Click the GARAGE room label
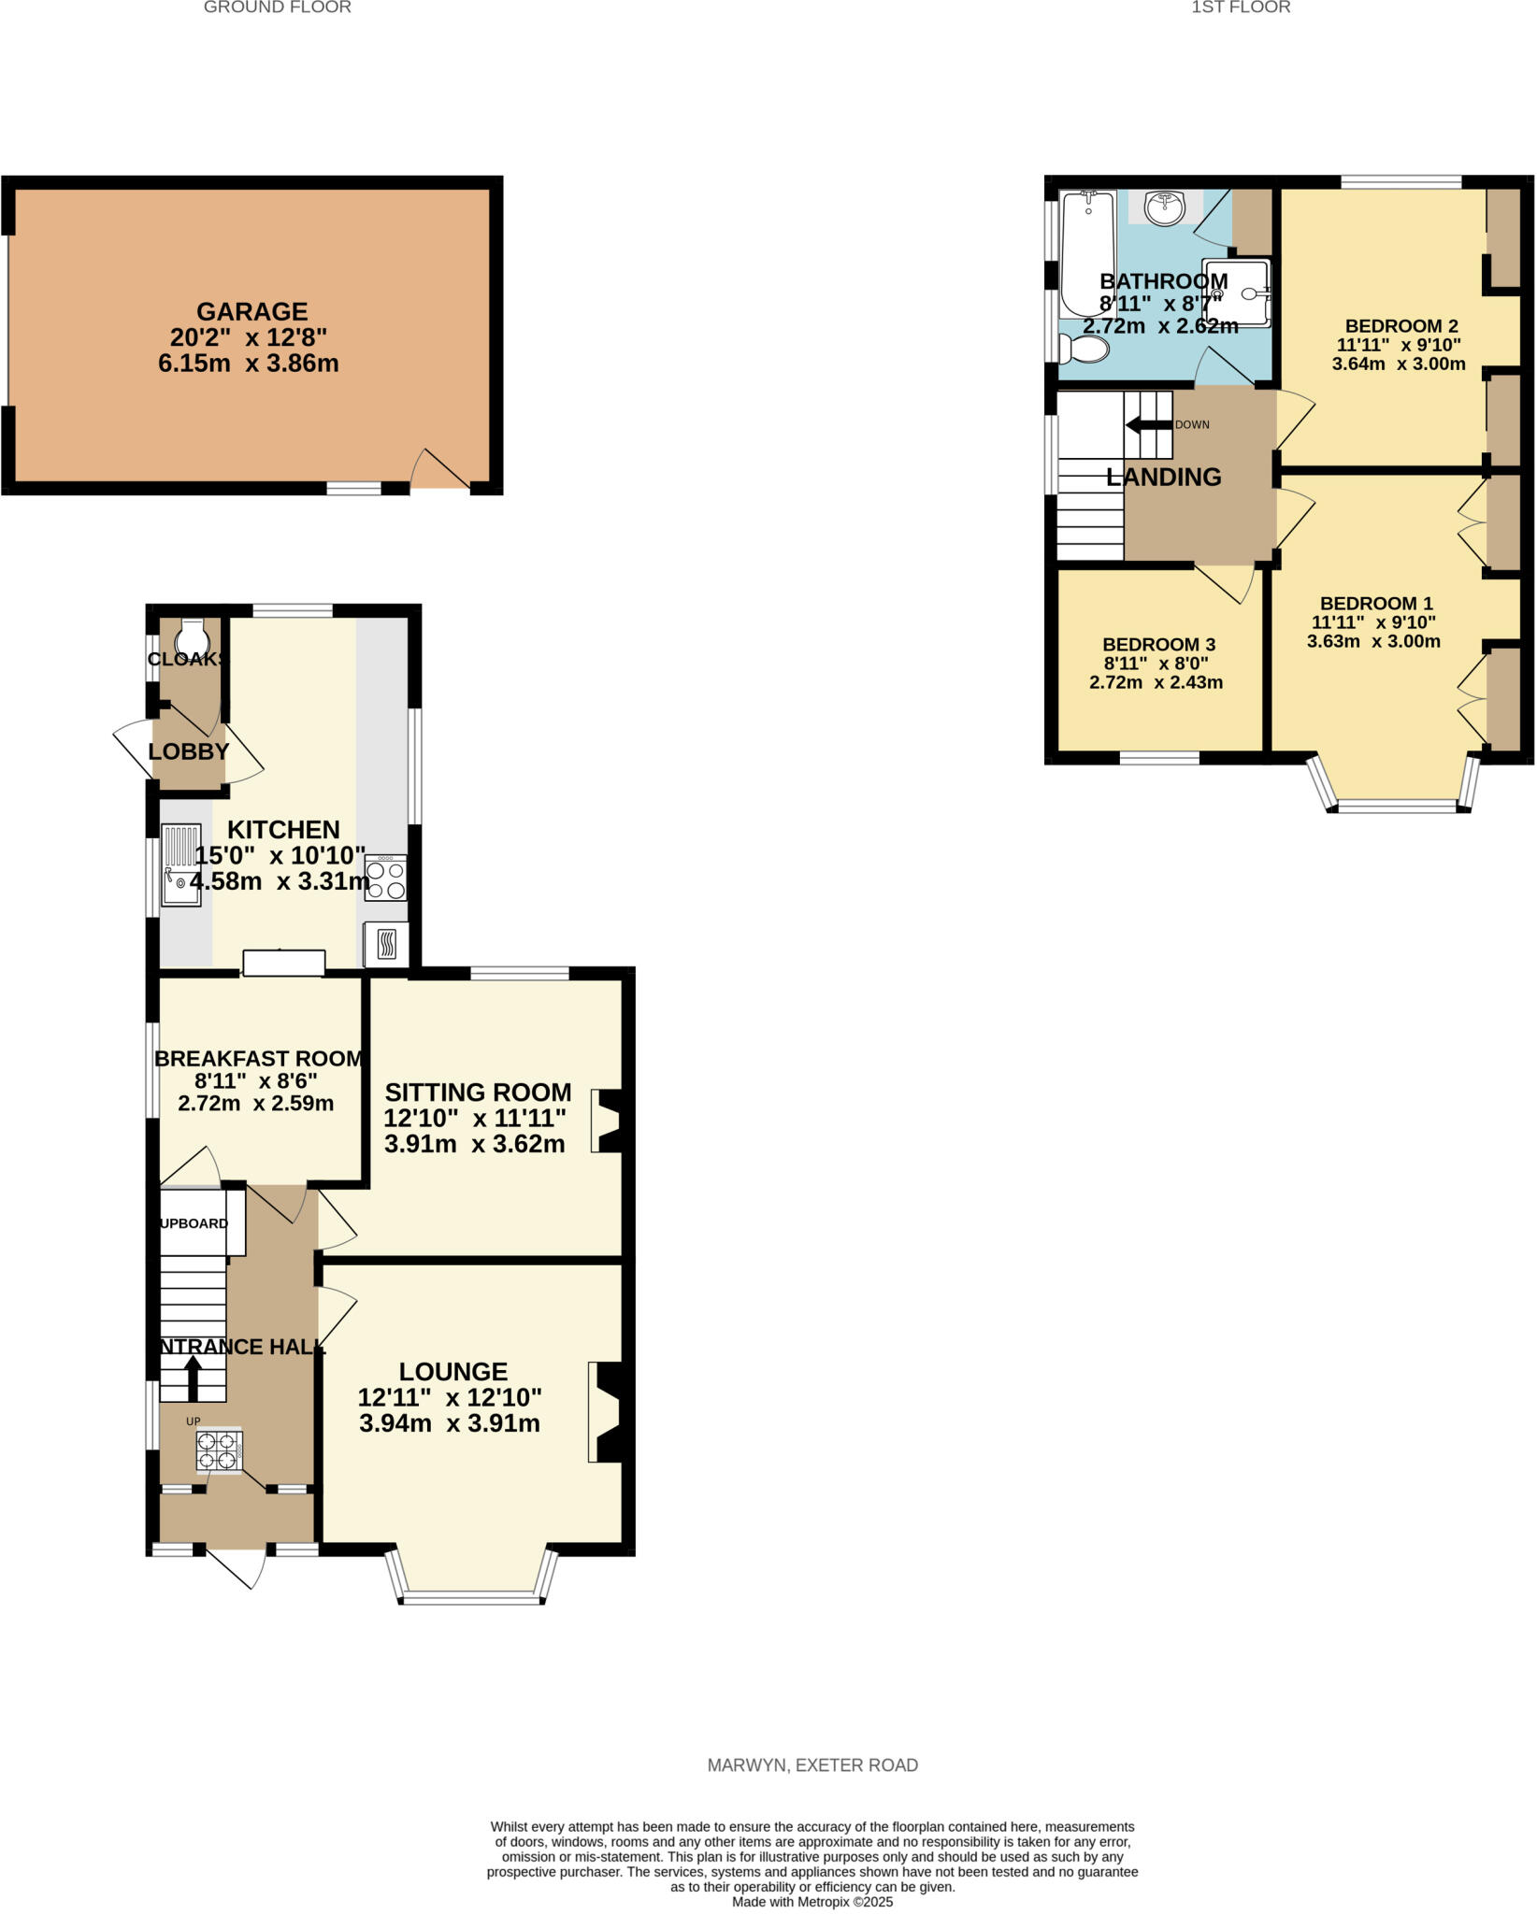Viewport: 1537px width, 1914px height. pos(251,311)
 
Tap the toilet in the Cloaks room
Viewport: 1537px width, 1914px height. pos(192,636)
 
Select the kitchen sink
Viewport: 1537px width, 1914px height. pos(181,864)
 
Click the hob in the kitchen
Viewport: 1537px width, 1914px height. pos(385,878)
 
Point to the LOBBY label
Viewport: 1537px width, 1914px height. pos(188,751)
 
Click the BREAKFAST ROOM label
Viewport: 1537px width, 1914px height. pos(257,1059)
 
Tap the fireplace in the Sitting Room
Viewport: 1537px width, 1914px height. pos(606,1120)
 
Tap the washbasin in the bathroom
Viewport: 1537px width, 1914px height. pos(1165,207)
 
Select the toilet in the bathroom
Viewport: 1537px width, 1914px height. pos(1085,350)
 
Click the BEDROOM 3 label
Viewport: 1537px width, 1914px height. pos(1158,645)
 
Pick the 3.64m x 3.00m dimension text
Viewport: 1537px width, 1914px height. pos(1399,364)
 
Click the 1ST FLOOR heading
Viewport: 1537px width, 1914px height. pos(1241,7)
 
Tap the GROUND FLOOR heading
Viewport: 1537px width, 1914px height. pos(278,7)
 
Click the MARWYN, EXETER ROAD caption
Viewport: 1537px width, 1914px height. pos(812,1765)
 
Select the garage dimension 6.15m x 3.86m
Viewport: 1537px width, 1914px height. pos(249,364)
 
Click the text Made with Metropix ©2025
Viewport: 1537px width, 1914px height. pos(812,1902)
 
